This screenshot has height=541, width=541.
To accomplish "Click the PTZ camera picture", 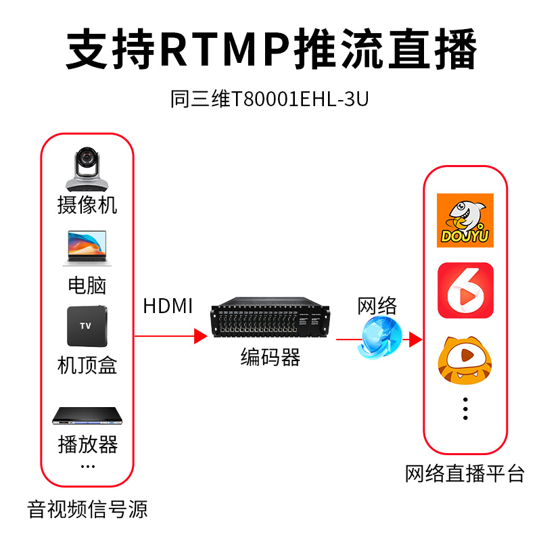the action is [87, 169].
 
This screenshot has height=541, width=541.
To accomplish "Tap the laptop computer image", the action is [87, 248].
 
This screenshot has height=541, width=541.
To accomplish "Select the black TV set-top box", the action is [87, 326].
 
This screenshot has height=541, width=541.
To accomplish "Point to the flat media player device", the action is [87, 416].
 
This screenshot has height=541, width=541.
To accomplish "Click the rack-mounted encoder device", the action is [270, 316].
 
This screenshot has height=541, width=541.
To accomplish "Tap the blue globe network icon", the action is [381, 337].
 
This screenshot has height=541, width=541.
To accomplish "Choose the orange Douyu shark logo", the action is [465, 220].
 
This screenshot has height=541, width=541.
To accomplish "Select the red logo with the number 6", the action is [465, 290].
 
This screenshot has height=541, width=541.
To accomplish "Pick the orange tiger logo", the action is [465, 360].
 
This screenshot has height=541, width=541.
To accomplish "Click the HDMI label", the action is [168, 306].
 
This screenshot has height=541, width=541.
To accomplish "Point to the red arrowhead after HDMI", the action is [200, 336].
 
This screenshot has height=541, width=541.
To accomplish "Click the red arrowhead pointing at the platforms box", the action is [415, 339].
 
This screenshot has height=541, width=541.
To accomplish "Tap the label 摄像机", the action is [87, 206].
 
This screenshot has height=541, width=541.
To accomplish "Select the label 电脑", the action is [87, 285].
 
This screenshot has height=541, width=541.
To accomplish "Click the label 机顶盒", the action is [87, 365].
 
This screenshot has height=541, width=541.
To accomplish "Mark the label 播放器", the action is [88, 444].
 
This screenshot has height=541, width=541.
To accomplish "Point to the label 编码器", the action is [270, 357].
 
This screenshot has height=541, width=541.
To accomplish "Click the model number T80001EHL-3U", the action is [300, 99].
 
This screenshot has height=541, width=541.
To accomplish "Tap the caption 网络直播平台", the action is [465, 473].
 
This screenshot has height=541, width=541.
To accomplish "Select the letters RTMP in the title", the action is [226, 48].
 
